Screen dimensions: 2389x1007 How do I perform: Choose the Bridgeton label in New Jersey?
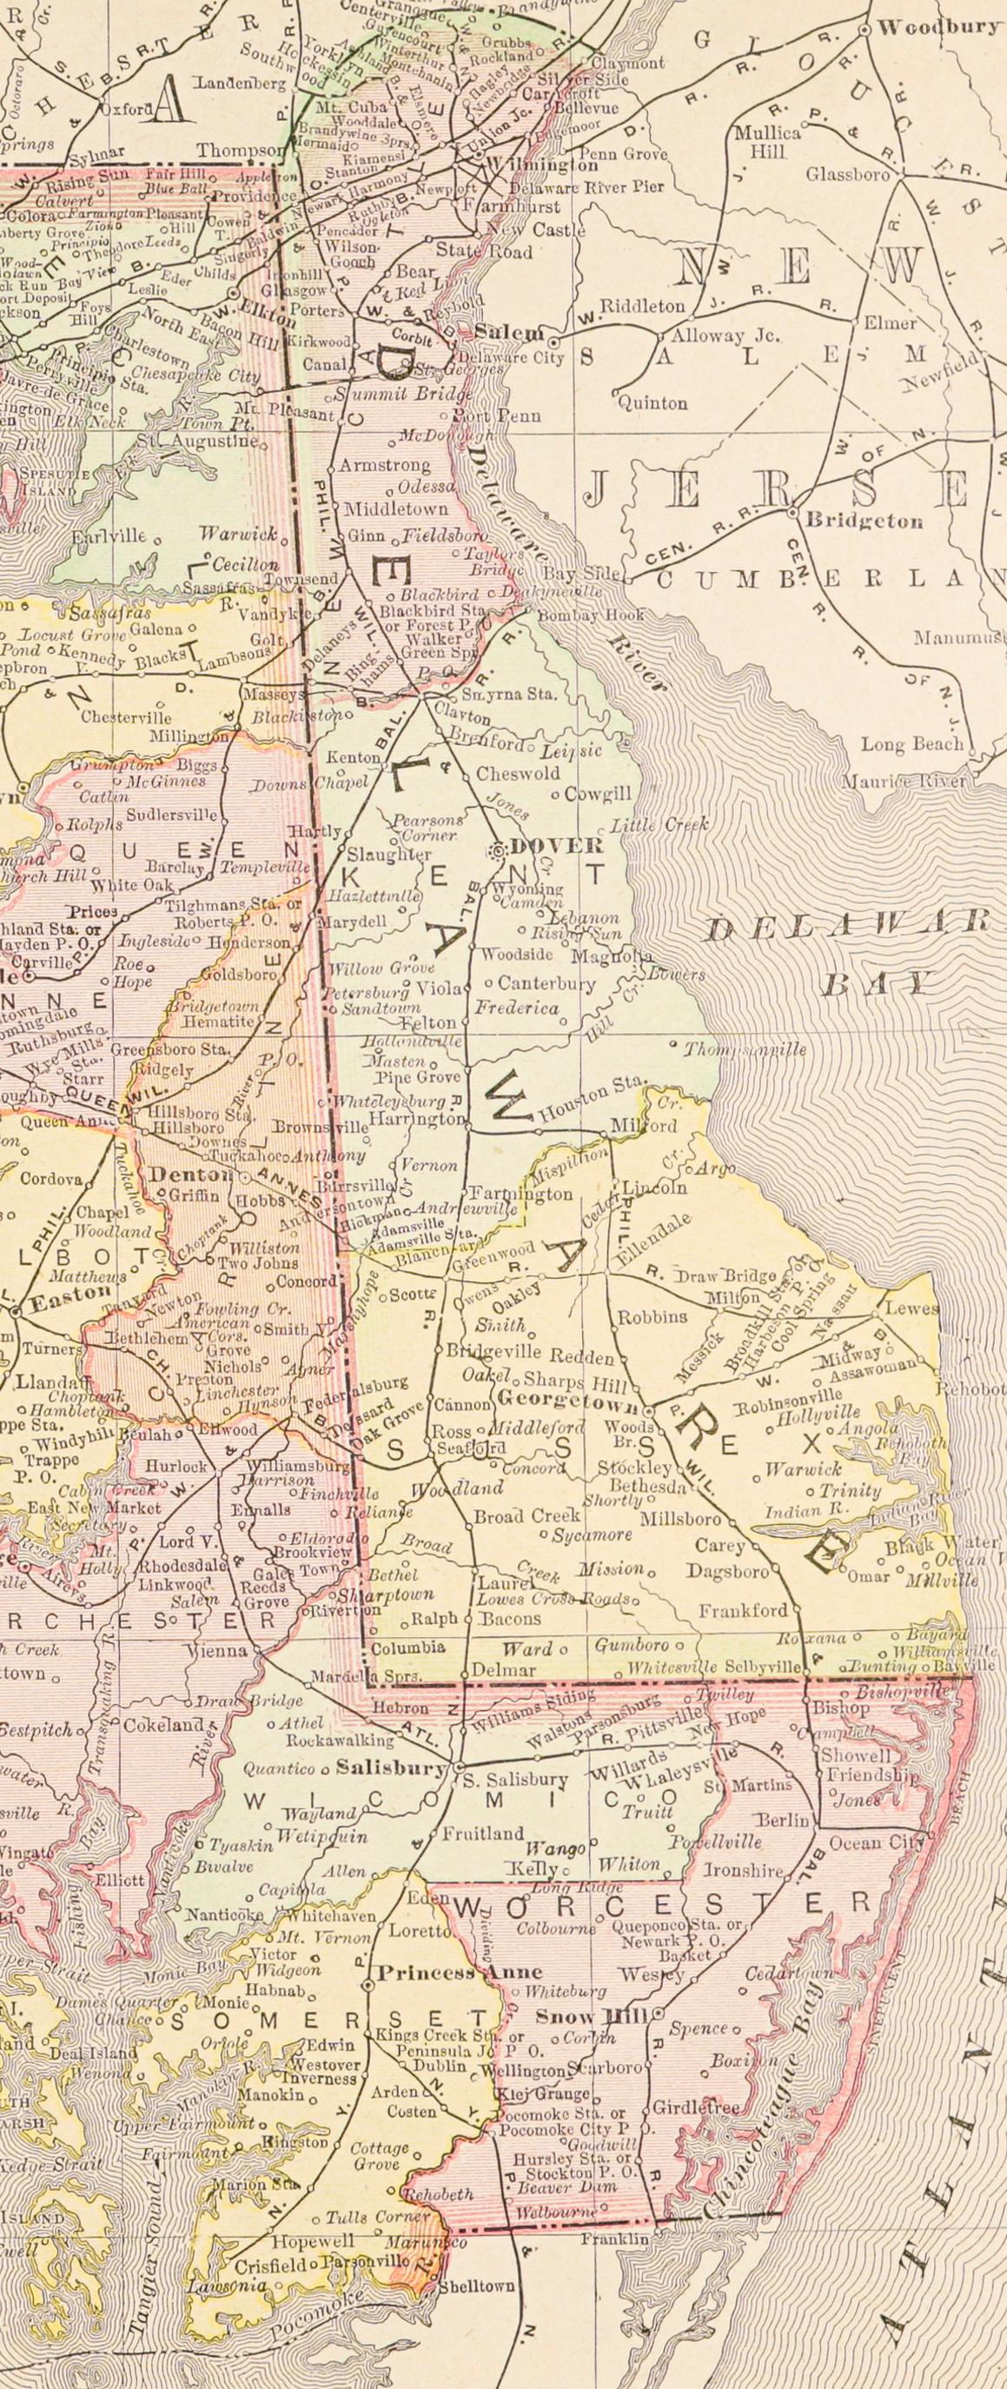coord(865,520)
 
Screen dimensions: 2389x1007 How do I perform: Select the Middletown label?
coord(395,509)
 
